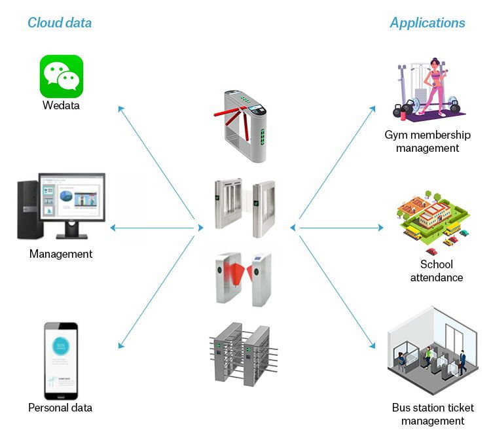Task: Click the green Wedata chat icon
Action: click(62, 77)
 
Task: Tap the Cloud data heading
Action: click(60, 23)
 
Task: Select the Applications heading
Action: click(427, 23)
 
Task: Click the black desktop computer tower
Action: click(29, 209)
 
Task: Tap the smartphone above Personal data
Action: click(61, 361)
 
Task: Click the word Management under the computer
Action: click(61, 254)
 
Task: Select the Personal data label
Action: click(60, 408)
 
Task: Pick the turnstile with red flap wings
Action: click(244, 279)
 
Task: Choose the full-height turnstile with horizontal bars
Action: click(244, 355)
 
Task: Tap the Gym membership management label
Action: click(427, 141)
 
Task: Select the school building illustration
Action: click(434, 218)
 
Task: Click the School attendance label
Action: click(437, 271)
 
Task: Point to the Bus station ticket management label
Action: click(433, 414)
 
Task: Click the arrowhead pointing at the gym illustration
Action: click(373, 109)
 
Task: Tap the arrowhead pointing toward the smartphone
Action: click(121, 345)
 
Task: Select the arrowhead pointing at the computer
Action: click(113, 228)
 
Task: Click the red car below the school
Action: click(431, 251)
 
